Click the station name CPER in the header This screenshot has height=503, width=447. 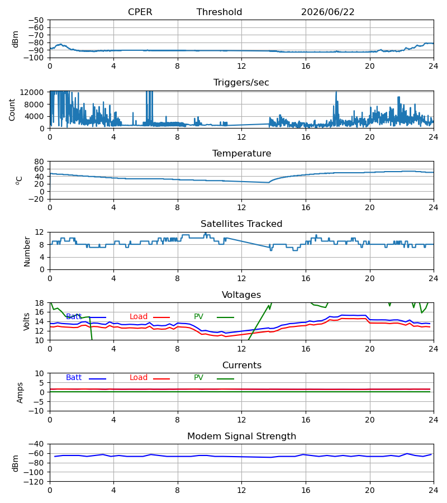coord(140,12)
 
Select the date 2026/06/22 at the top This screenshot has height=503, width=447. coord(328,12)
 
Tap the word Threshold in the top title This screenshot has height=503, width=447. coord(220,12)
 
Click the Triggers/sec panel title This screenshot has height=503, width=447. coord(241,83)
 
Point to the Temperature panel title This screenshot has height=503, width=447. coord(241,153)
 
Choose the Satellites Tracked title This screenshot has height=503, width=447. coord(241,224)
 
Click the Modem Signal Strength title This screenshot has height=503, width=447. coord(241,436)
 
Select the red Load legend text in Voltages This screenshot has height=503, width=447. coord(139,317)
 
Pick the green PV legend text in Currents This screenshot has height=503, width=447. coord(198,378)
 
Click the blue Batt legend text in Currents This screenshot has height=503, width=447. coord(74,378)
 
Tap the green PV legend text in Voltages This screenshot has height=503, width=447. coord(198,317)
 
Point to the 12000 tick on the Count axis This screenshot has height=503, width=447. coord(32,92)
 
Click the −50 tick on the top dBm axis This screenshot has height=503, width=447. coord(36,20)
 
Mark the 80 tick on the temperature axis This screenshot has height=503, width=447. coord(39,162)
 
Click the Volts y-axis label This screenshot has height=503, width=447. coord(26,322)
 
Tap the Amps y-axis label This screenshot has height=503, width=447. coord(20,393)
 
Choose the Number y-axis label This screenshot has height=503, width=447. coord(27,251)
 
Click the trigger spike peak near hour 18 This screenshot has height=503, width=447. coord(336,92)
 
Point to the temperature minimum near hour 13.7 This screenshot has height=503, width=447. coord(268,183)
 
